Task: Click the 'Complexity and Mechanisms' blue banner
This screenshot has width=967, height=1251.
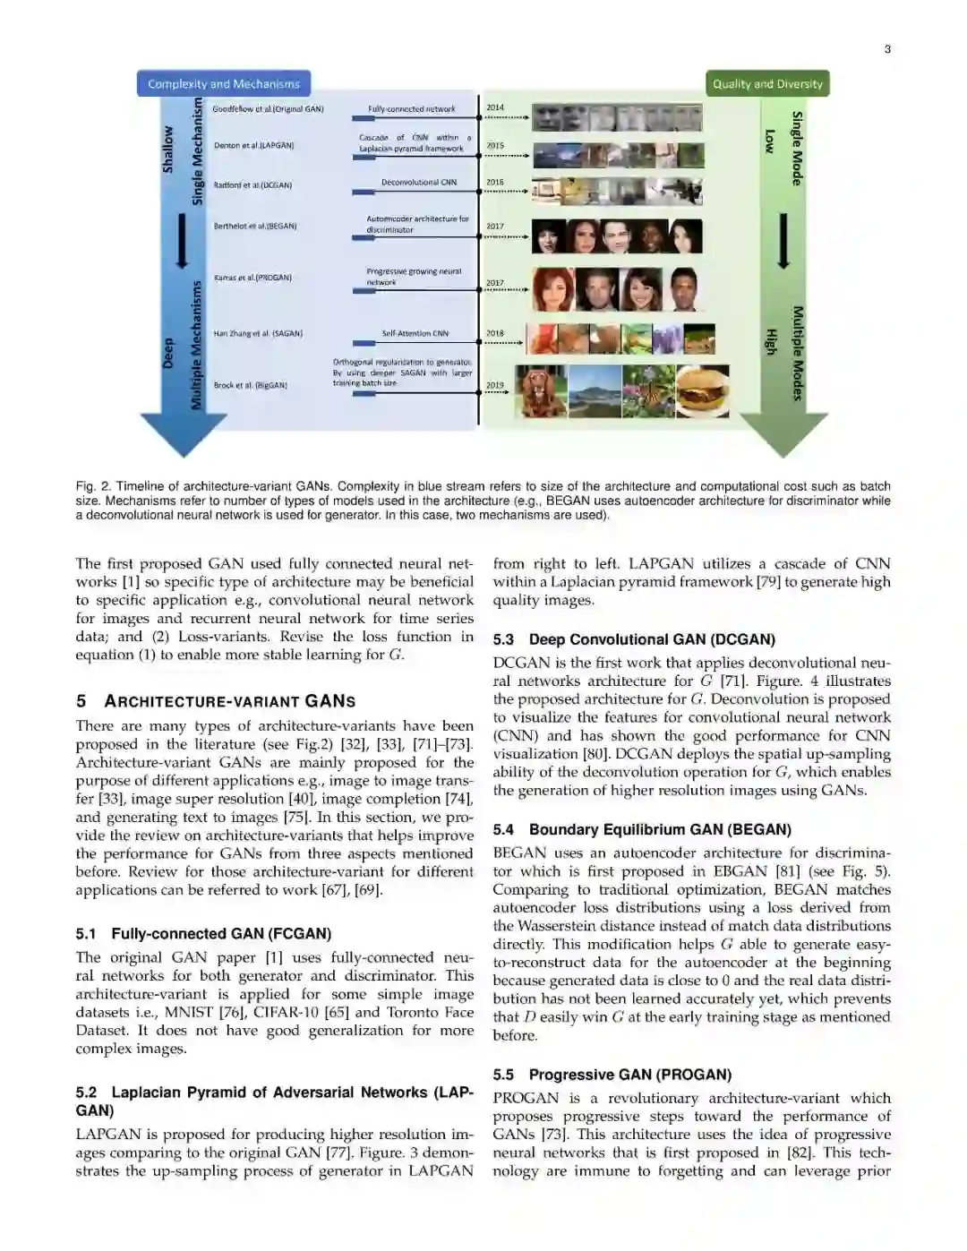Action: coord(224,83)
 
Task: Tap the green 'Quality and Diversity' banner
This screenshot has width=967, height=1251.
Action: coord(767,83)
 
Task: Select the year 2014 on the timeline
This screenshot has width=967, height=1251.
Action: coord(495,107)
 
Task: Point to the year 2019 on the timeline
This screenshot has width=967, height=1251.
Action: coord(495,385)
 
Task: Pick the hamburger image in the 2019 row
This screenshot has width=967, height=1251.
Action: coord(703,391)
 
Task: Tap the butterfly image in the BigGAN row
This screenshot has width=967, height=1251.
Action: coord(648,391)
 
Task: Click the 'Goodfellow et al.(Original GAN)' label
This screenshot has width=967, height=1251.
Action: coord(268,109)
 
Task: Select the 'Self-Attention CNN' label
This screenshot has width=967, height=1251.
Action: coord(415,333)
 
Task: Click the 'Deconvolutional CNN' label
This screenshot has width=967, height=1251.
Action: coord(418,183)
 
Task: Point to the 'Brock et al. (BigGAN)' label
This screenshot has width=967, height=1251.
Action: coord(250,385)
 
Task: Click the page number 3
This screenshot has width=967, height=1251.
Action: coord(887,49)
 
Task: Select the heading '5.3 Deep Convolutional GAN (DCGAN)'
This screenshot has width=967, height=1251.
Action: coord(634,639)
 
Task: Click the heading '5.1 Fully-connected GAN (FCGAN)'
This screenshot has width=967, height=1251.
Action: coord(203,934)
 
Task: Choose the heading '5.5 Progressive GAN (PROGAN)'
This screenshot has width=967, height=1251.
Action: coord(612,1075)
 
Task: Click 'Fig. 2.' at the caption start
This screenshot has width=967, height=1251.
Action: coord(93,486)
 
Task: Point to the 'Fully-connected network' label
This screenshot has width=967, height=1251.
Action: coord(411,109)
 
